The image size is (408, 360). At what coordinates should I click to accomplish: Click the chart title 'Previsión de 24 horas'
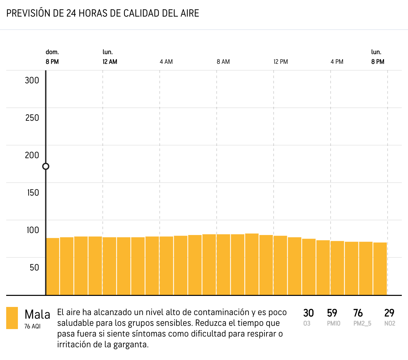(x=103, y=13)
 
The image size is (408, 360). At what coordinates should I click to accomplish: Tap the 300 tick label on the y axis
(x=32, y=80)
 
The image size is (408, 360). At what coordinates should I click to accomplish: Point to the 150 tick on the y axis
(x=33, y=193)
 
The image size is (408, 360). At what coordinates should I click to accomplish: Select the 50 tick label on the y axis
(x=34, y=268)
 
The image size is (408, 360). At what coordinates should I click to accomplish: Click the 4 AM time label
(x=166, y=62)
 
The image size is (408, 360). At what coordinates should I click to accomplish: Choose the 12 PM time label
(x=280, y=62)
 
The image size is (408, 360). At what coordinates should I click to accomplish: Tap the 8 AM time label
(x=223, y=62)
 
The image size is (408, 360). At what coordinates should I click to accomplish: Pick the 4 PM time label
(x=337, y=62)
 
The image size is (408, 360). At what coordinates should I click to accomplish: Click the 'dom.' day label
(x=52, y=52)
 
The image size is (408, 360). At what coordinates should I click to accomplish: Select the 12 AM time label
(x=110, y=62)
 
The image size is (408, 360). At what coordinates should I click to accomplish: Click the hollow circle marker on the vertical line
(x=46, y=166)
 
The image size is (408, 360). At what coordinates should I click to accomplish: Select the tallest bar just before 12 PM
(x=252, y=264)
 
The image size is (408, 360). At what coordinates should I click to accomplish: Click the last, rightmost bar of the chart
(x=380, y=269)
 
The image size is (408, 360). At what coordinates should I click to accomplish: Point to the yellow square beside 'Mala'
(x=12, y=318)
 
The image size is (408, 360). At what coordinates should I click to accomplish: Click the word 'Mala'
(x=37, y=315)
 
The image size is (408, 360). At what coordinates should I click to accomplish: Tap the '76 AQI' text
(x=33, y=326)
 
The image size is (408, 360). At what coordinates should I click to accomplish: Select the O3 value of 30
(x=308, y=313)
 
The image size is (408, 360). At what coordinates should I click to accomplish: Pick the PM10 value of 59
(x=332, y=313)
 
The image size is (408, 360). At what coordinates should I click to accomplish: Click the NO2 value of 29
(x=389, y=313)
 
